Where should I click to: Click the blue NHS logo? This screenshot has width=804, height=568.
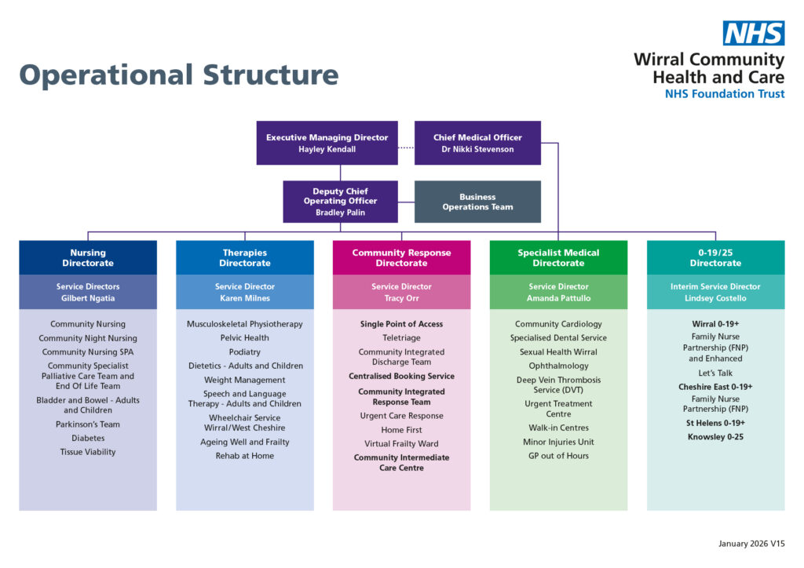pos(753,33)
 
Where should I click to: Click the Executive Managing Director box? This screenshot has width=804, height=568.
pos(327,143)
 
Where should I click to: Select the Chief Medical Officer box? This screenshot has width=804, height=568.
pos(477,143)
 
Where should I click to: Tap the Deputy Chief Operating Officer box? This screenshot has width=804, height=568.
pos(340,202)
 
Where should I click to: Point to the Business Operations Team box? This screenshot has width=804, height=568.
pos(477,202)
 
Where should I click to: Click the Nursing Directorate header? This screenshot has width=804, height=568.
pos(88,257)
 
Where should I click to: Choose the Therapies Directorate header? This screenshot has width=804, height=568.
pos(245,257)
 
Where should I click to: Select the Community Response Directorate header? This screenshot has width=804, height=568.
pos(401,257)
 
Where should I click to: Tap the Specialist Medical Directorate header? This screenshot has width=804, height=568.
pos(558,257)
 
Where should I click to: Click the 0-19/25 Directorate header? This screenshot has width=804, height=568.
pos(715,257)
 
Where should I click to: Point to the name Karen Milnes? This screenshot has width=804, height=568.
pos(245,298)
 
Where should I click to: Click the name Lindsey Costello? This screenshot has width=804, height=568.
pos(715,298)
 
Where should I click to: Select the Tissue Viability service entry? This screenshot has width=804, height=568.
pos(88,452)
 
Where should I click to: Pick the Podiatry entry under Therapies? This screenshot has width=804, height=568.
pos(245,352)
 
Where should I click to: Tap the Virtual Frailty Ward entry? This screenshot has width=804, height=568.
pos(401,444)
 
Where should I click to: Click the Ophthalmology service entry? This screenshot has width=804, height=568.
pos(558,366)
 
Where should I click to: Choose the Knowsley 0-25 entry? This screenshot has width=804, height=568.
pos(715,437)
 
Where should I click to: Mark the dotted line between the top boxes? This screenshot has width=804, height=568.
pos(406,147)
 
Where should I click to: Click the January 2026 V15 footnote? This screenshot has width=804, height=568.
pos(751,544)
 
